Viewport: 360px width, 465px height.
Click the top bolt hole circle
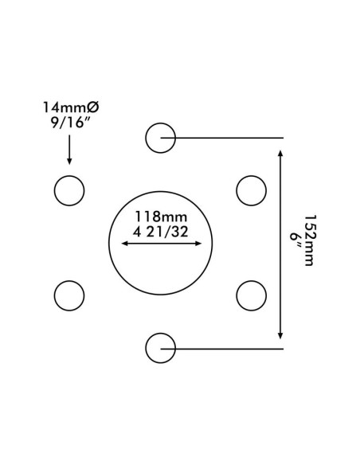tap(160, 123)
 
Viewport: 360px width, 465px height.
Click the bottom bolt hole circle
tap(160, 334)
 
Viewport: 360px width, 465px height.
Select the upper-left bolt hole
tap(69, 176)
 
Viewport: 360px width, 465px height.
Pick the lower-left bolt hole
tap(69, 281)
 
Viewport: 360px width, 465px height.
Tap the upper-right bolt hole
tap(251, 176)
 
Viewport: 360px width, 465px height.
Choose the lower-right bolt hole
tap(251, 281)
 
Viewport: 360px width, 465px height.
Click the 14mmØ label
tap(71, 107)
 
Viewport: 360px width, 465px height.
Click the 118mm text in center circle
tap(161, 217)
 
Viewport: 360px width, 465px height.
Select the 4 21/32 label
tap(160, 232)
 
